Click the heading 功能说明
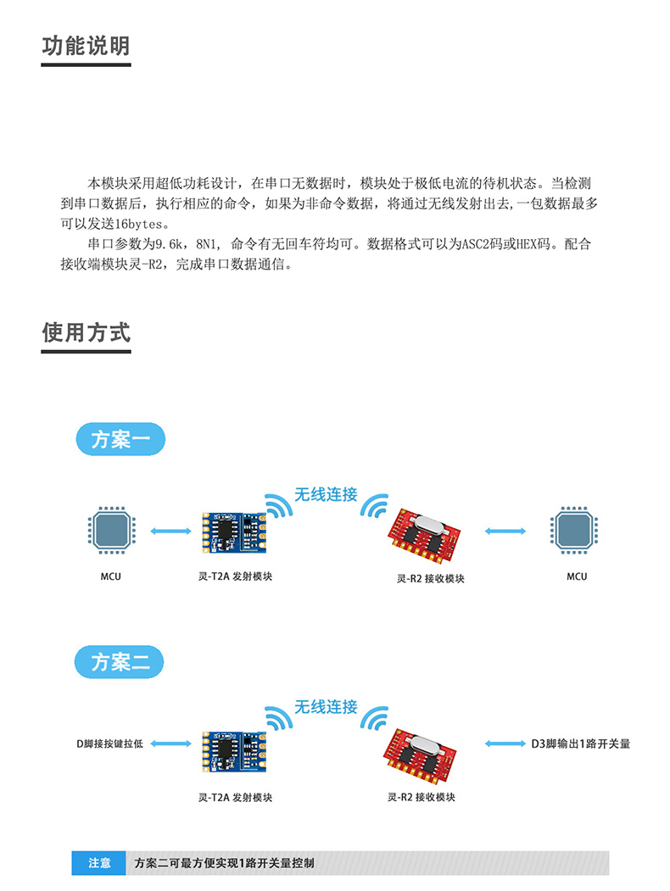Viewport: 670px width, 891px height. click(x=86, y=46)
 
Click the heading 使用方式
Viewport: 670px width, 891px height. click(x=86, y=331)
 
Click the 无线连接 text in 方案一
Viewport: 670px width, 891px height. click(x=326, y=495)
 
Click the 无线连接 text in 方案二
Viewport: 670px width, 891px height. click(x=326, y=707)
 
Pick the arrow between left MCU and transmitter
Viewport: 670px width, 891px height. click(x=171, y=532)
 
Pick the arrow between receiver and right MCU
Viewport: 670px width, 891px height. click(x=505, y=532)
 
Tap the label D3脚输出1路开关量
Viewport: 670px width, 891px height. click(x=581, y=744)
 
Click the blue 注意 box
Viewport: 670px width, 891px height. click(x=98, y=863)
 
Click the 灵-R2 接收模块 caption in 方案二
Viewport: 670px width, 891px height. click(x=422, y=798)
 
